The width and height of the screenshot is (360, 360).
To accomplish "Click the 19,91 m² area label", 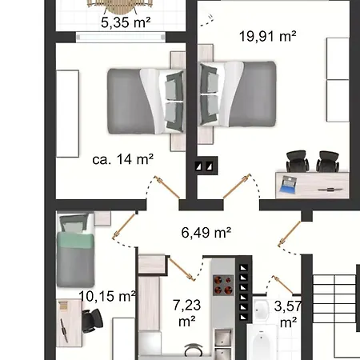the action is tap(267, 36).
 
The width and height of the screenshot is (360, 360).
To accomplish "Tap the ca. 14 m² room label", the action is tap(122, 159).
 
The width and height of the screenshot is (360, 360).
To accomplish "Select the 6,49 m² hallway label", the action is tap(206, 232).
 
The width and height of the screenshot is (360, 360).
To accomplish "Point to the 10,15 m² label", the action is tap(107, 296).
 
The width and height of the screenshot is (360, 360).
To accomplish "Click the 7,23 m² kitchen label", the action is tap(186, 313).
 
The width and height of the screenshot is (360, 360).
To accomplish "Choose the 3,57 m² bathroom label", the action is tap(288, 314).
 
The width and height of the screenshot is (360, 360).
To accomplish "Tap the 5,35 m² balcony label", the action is tap(126, 22).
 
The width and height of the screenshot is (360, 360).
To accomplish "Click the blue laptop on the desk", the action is tap(288, 184).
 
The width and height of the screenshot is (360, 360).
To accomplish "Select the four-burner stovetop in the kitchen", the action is tap(223, 285).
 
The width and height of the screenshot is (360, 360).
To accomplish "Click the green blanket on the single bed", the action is tap(75, 240).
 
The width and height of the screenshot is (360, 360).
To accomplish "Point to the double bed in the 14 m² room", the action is tap(146, 102).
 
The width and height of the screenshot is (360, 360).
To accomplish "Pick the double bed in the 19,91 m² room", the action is tap(238, 94).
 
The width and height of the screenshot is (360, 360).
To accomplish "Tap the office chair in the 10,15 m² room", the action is tap(92, 321).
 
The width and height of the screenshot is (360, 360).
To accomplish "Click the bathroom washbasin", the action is tap(260, 310).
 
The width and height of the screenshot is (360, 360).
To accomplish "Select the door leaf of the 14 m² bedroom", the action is tap(167, 187).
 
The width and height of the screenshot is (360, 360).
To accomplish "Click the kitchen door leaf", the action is tap(182, 269).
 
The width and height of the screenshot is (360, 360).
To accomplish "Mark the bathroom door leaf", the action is tap(283, 285).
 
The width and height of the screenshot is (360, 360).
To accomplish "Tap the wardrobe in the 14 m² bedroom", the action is tap(67, 114).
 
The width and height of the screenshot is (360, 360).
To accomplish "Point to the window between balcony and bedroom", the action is tap(121, 37).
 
